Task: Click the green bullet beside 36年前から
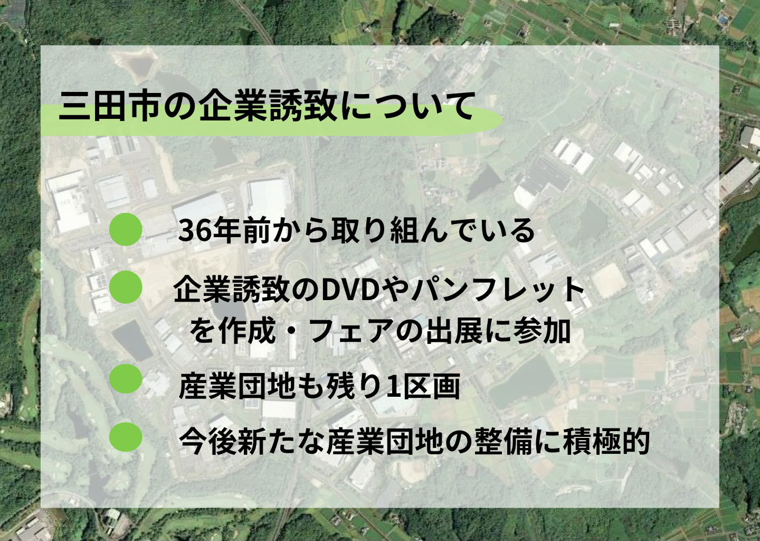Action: (126, 229)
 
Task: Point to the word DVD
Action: (355, 290)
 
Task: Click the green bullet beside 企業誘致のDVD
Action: (126, 287)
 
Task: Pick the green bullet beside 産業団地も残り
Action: (126, 379)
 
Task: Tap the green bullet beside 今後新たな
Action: (126, 436)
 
